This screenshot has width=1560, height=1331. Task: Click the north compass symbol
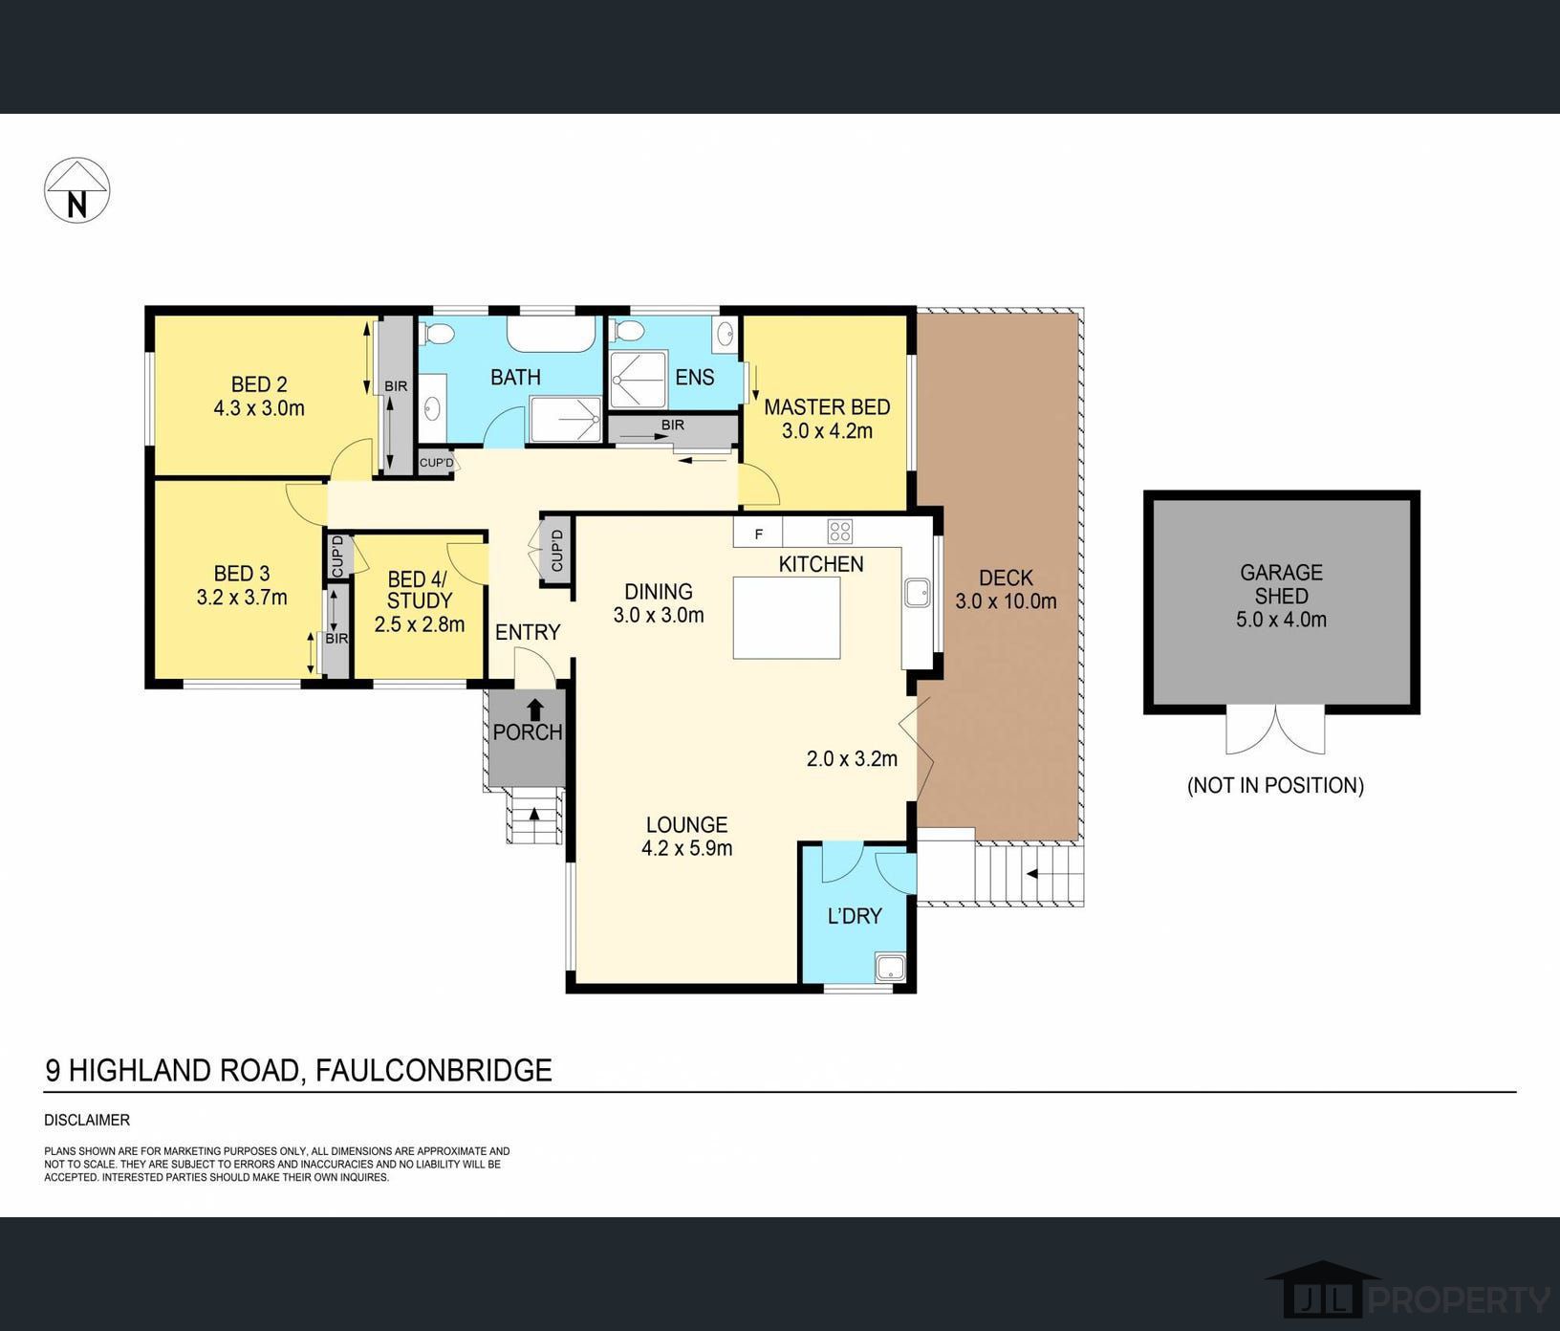pyautogui.click(x=77, y=190)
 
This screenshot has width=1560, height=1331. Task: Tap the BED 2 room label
pyautogui.click(x=259, y=384)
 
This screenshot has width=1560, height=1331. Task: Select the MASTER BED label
pyautogui.click(x=827, y=407)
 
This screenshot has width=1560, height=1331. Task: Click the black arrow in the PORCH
pyautogui.click(x=534, y=709)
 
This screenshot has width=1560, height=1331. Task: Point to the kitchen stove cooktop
pyautogui.click(x=839, y=531)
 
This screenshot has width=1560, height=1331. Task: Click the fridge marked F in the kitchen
pyautogui.click(x=758, y=533)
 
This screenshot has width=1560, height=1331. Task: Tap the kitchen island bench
pyautogui.click(x=787, y=618)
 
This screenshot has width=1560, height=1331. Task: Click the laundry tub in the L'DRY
pyautogui.click(x=890, y=968)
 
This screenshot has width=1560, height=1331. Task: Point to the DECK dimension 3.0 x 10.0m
pyautogui.click(x=1006, y=601)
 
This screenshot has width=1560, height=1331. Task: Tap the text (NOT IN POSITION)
pyautogui.click(x=1275, y=785)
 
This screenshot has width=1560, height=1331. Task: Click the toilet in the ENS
pyautogui.click(x=629, y=332)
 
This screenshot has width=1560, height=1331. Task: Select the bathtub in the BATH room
pyautogui.click(x=551, y=334)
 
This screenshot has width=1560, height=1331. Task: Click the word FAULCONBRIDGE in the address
pyautogui.click(x=434, y=1070)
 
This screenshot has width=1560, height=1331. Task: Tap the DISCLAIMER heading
pyautogui.click(x=87, y=1120)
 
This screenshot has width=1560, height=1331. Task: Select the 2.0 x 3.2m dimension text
pyautogui.click(x=852, y=759)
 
